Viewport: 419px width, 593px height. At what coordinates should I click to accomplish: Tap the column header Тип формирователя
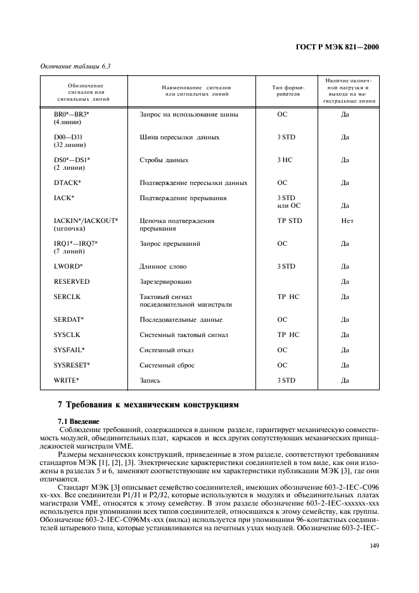pos(288,91)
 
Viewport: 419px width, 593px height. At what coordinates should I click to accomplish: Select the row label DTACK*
pos(68,183)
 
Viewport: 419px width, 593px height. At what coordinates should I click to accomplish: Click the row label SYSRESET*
pos(72,366)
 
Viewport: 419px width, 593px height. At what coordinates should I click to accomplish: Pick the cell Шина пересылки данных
pos(179,137)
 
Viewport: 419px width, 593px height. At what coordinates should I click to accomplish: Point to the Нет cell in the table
pos(347,221)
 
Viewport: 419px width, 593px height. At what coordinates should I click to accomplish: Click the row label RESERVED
pos(72,282)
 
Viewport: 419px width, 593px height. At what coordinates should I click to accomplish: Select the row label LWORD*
pos(68,267)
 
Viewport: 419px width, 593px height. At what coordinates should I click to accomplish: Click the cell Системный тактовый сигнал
pos(183,335)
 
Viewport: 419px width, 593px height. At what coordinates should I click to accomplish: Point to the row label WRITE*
pos(67,381)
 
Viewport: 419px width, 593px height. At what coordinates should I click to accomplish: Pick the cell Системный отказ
pos(167,350)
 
